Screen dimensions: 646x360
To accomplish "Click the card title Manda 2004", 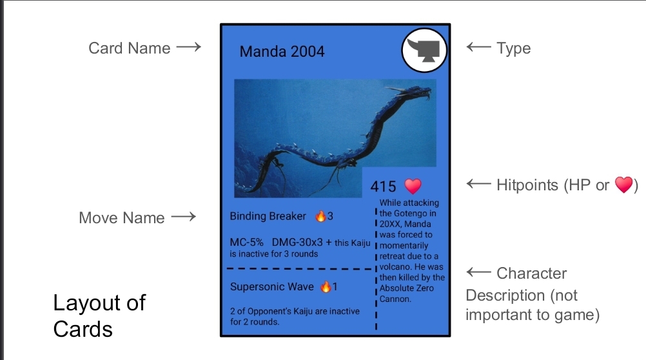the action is [282, 52].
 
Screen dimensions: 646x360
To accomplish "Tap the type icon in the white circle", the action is [426, 50].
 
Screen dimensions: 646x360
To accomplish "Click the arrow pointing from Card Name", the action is [189, 46].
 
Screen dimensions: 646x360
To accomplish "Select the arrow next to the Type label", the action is [478, 47].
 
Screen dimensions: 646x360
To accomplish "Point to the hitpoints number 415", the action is [383, 186].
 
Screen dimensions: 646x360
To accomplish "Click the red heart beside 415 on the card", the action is [413, 186].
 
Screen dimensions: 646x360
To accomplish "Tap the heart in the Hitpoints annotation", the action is [623, 185].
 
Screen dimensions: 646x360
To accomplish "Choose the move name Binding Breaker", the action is [268, 216].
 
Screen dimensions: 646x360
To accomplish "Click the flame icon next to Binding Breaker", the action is [320, 215].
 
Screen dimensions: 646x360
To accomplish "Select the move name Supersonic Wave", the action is [272, 286].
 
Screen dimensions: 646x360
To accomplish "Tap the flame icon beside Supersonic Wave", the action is [326, 286].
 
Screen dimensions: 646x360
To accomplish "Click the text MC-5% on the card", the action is [246, 242].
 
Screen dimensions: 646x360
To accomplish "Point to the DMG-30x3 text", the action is [297, 242].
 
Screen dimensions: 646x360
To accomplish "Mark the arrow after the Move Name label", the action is [184, 217].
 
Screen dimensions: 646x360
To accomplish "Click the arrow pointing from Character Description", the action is [478, 272].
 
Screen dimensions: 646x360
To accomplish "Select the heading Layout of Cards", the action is [99, 316].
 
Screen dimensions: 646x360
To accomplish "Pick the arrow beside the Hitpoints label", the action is [478, 183].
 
